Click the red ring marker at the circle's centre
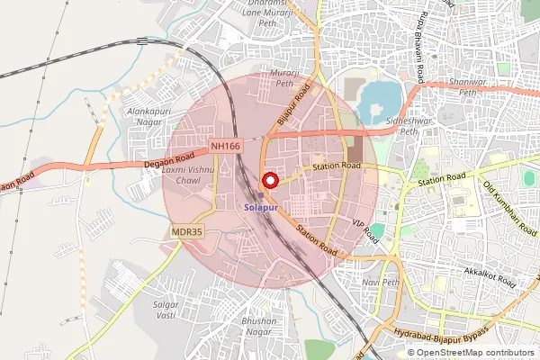(x=269, y=180)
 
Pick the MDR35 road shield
(x=187, y=232)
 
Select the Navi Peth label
(x=379, y=282)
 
